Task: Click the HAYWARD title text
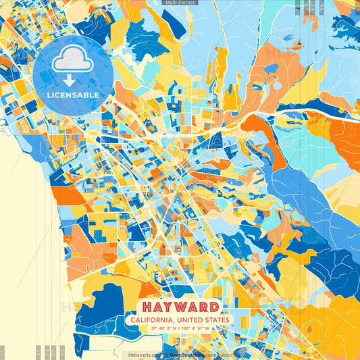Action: (x=180, y=306)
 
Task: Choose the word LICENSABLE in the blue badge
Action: (x=73, y=95)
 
